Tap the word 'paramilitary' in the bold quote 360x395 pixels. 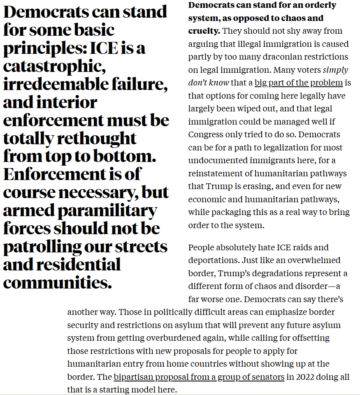point(107,210)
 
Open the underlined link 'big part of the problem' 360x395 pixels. point(298,83)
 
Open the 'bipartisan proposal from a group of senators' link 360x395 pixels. point(199,377)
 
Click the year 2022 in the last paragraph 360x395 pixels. point(305,377)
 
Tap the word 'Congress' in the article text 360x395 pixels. point(207,135)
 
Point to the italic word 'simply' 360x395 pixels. point(335,70)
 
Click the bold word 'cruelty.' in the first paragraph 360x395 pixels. point(204,31)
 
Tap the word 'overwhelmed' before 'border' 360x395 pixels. point(318,261)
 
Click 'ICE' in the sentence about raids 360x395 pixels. point(283,247)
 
